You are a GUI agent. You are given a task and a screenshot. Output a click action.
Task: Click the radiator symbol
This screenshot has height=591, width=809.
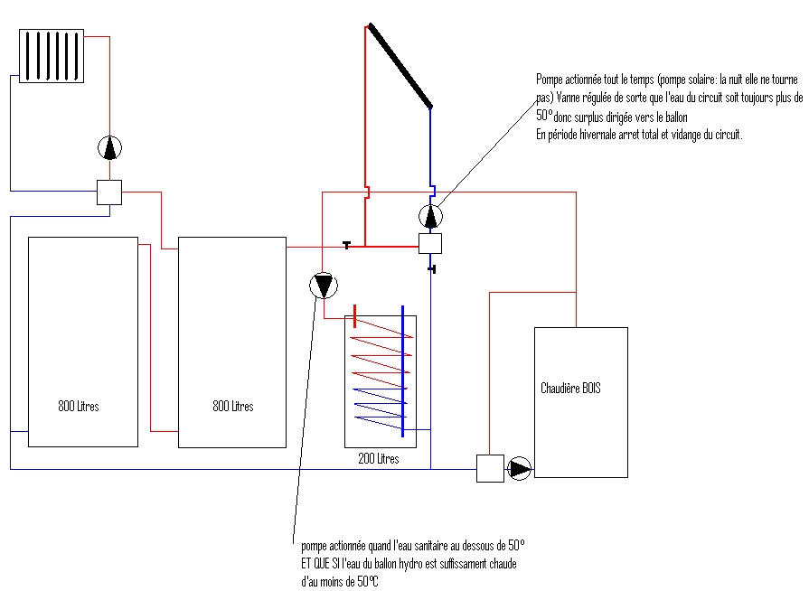tap(52, 55)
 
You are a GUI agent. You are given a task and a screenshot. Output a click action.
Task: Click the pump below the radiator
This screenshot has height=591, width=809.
tap(109, 146)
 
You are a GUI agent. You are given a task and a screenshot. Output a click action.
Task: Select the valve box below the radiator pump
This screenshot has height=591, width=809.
tap(109, 192)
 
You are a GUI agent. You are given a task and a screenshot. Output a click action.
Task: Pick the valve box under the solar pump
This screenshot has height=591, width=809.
tap(430, 243)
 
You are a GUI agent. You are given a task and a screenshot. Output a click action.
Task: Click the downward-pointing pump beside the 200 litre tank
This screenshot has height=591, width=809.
tap(323, 286)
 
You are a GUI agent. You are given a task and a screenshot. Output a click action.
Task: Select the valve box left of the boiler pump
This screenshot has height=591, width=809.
tap(489, 469)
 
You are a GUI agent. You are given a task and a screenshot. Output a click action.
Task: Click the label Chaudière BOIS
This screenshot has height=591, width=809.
tap(570, 389)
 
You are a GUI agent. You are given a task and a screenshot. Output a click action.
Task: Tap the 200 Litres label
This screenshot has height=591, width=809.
tap(379, 459)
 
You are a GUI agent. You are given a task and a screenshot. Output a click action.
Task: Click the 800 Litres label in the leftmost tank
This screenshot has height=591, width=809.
tap(79, 407)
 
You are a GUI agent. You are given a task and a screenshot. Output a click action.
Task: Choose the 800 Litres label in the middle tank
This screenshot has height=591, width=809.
tap(233, 407)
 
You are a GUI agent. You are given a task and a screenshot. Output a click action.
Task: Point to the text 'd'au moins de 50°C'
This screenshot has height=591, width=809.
tap(340, 582)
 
